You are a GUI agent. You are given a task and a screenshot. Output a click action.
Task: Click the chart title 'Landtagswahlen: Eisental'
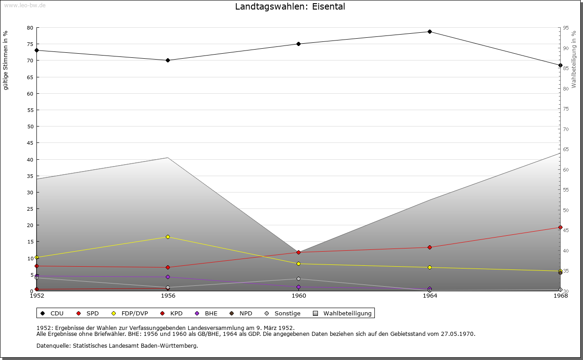[x=290, y=7]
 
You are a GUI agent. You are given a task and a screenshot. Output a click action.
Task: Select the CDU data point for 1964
[x=430, y=32]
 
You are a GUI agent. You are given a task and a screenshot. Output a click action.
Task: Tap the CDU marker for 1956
[x=168, y=60]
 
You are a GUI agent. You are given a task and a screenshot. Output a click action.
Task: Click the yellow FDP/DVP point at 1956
[x=168, y=237]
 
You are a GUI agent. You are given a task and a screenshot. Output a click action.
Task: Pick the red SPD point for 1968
[x=560, y=228]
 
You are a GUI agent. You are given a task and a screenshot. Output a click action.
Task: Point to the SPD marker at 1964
[x=430, y=247]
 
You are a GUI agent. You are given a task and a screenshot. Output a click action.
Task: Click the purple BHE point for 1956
[x=168, y=277]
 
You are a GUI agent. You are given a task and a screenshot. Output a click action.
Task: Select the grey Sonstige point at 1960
[x=299, y=279]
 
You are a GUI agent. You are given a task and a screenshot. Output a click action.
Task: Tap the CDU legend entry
[x=52, y=314]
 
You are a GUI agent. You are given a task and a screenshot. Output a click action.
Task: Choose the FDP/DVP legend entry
[x=130, y=314]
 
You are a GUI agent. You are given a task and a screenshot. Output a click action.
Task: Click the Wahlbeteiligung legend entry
[x=343, y=314]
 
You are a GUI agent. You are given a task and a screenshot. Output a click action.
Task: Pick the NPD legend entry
[x=241, y=314]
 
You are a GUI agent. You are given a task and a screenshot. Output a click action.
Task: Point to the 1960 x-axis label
[x=299, y=296]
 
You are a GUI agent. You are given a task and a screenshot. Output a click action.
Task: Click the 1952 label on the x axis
[x=37, y=296]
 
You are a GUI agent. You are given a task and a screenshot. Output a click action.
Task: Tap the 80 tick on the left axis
[x=30, y=28]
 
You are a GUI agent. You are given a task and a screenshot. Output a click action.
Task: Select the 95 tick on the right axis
[x=566, y=28]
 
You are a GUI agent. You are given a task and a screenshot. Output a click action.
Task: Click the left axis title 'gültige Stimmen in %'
[x=6, y=60]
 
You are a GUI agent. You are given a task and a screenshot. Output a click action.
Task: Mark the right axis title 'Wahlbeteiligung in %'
[x=574, y=59]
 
